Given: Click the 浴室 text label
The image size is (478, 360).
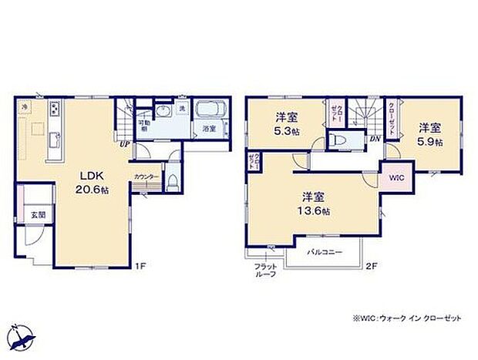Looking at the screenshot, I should (209, 130).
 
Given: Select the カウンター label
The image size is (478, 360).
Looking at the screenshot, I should (146, 177).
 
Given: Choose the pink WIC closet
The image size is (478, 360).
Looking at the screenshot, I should (396, 177).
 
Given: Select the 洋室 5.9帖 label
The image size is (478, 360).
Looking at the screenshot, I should (431, 134).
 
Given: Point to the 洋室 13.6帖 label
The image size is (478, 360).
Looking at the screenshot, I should (315, 203).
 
